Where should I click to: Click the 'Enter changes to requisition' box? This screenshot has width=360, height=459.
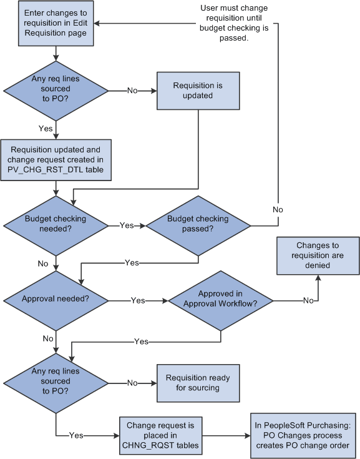pyautogui.click(x=56, y=24)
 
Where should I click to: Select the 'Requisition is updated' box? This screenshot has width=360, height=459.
pyautogui.click(x=198, y=91)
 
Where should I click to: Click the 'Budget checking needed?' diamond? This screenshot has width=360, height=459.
pyautogui.click(x=56, y=225)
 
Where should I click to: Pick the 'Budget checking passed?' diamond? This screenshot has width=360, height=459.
pyautogui.click(x=198, y=225)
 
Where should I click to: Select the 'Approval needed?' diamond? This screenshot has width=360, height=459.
pyautogui.click(x=56, y=300)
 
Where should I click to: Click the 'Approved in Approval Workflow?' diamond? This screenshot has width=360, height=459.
pyautogui.click(x=221, y=300)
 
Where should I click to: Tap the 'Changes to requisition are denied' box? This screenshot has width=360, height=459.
pyautogui.click(x=318, y=255)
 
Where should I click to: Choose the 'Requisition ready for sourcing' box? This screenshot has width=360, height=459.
pyautogui.click(x=198, y=383)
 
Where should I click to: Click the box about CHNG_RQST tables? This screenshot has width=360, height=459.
pyautogui.click(x=162, y=435)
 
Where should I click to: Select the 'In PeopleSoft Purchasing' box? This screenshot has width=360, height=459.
pyautogui.click(x=303, y=435)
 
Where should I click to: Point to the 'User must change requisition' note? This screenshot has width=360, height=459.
pyautogui.click(x=225, y=24)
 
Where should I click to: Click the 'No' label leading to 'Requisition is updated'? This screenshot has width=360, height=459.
pyautogui.click(x=133, y=91)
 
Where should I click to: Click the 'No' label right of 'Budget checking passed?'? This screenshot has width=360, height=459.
pyautogui.click(x=278, y=210)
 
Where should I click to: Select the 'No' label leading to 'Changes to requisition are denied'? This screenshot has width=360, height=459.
pyautogui.click(x=308, y=300)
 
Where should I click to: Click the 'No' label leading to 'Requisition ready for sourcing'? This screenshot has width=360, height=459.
pyautogui.click(x=133, y=383)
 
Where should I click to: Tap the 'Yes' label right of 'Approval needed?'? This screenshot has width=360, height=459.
pyautogui.click(x=138, y=300)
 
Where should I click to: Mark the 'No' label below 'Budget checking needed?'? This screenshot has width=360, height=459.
pyautogui.click(x=42, y=264)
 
